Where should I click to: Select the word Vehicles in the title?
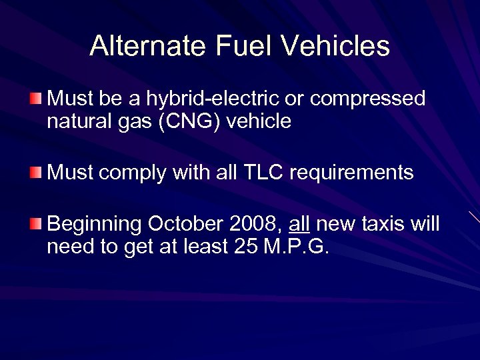point(335,46)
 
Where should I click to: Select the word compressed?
point(367,99)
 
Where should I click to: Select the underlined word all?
point(300,223)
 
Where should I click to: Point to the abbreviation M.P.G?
point(297,246)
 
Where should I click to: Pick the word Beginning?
point(95,224)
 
